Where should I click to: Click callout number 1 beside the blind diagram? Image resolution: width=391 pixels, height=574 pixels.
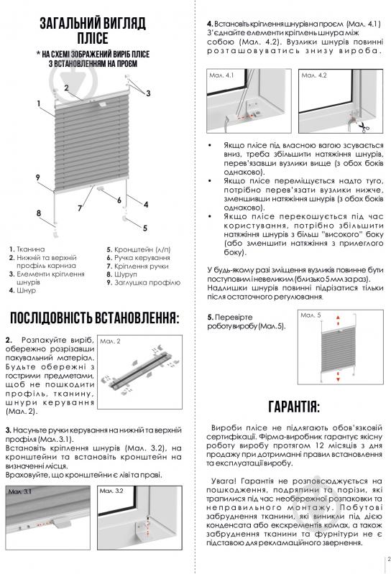[37, 103]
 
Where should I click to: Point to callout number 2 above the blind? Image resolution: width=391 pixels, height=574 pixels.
[65, 88]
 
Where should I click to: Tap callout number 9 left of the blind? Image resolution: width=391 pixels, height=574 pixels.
[37, 177]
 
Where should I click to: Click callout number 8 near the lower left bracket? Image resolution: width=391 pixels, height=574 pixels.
[38, 213]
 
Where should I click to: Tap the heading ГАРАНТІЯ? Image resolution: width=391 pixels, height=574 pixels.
[292, 406]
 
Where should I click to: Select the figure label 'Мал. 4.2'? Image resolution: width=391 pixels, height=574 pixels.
[312, 74]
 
